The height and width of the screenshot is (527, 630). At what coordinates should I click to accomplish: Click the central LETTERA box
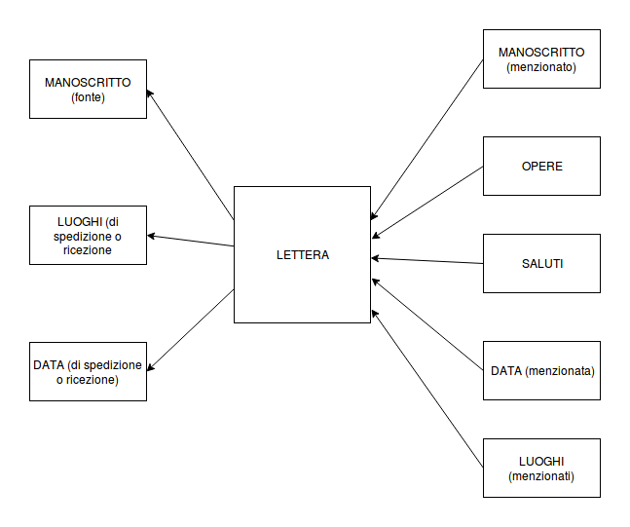click(302, 254)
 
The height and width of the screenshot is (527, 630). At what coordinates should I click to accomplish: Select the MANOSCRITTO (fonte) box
click(88, 89)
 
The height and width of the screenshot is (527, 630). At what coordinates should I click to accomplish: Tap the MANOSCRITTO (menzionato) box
click(541, 59)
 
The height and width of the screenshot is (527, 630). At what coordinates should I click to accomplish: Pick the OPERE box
click(541, 166)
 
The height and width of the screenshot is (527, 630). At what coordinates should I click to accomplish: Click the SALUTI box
click(541, 263)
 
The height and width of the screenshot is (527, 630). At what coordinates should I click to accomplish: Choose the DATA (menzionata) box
click(541, 370)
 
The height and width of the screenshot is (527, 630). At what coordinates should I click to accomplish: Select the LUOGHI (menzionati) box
click(541, 468)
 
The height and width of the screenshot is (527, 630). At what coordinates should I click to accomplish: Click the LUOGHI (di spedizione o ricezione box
click(88, 235)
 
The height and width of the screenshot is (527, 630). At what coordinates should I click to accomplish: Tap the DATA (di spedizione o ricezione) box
click(88, 371)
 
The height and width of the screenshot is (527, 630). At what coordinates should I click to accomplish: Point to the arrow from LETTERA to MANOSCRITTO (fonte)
click(192, 155)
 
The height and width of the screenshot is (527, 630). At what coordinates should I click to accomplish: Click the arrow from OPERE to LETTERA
click(428, 201)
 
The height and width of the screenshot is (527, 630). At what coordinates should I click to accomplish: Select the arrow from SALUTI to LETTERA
click(428, 261)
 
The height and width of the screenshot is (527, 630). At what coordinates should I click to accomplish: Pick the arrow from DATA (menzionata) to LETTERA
click(428, 324)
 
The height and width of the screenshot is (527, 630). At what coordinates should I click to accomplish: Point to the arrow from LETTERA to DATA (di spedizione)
click(192, 329)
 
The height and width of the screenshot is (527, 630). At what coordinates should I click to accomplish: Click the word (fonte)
click(88, 97)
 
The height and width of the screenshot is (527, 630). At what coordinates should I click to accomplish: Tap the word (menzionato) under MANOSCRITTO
click(541, 67)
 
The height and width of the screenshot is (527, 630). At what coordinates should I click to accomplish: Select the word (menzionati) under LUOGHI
click(541, 476)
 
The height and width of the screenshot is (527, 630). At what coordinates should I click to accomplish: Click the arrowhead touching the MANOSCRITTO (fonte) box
click(151, 94)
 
